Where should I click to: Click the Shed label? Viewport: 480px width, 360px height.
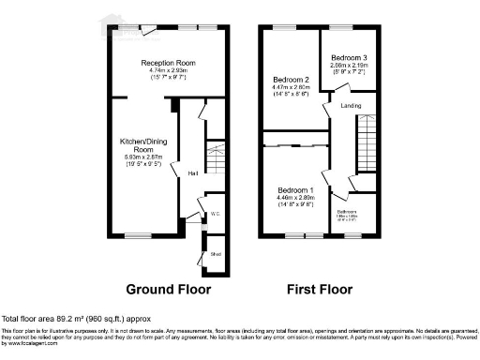point(215,253)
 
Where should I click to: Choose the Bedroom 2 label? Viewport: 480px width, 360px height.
point(291,80)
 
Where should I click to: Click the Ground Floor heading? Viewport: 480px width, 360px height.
point(169,288)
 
